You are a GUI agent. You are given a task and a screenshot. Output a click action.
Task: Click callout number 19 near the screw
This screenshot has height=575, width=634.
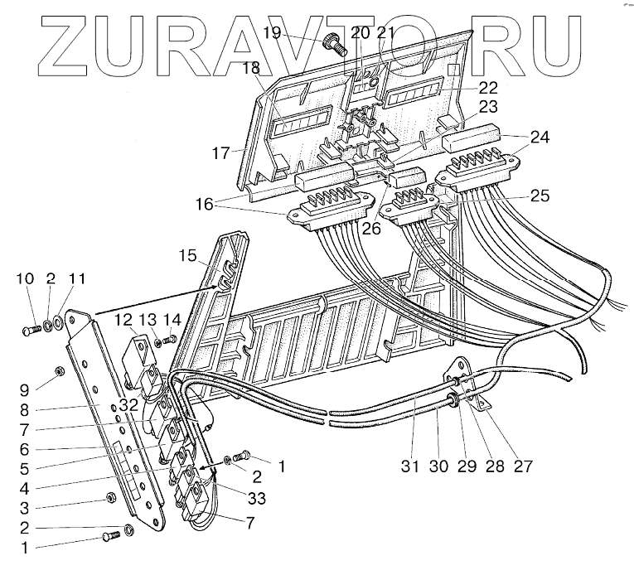tap(317, 33)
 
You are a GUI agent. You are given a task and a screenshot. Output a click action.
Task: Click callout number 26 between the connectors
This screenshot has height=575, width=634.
tap(370, 227)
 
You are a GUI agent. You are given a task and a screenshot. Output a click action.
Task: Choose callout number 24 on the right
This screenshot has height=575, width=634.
tap(539, 138)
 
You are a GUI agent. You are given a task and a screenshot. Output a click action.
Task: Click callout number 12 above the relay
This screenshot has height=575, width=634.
tap(123, 320)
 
